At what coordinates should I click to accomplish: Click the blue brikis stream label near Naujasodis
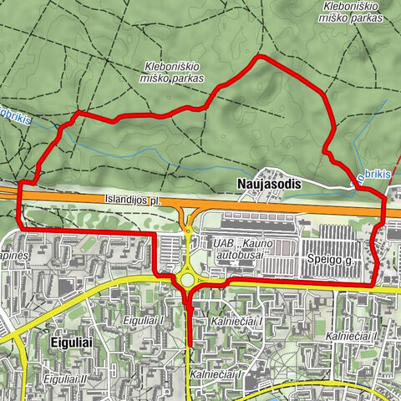coord(374,176)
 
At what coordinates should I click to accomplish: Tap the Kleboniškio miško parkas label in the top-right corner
coord(352,12)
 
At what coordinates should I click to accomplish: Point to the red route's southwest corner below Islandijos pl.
coord(19,228)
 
